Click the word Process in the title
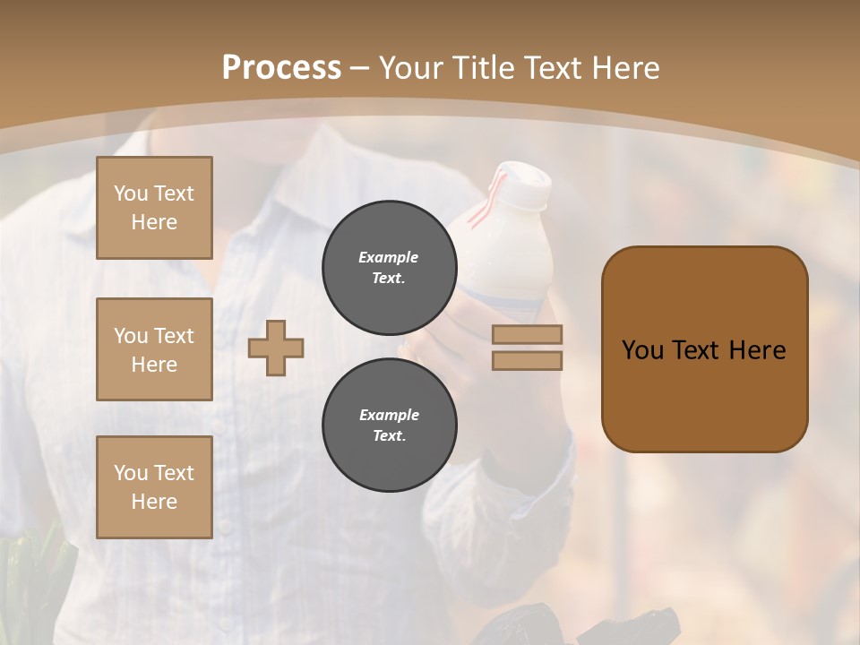(x=281, y=68)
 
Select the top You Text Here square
(x=154, y=208)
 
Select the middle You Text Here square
(x=154, y=349)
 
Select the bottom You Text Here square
(x=154, y=487)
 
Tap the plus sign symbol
(x=276, y=348)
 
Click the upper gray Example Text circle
(x=390, y=267)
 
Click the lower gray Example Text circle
(x=390, y=425)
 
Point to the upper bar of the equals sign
(x=527, y=334)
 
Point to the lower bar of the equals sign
(x=527, y=360)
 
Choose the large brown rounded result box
(x=704, y=349)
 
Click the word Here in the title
(x=625, y=68)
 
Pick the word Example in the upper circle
(x=389, y=257)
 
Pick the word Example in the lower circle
(x=389, y=415)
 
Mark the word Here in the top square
(x=154, y=222)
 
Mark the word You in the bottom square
(x=131, y=473)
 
